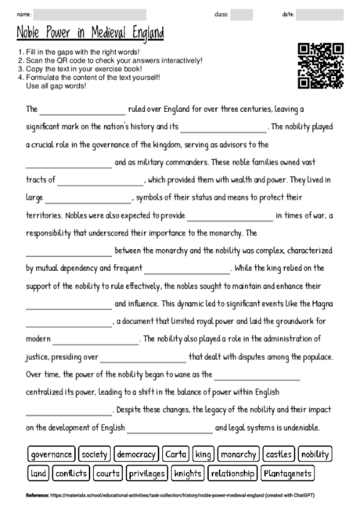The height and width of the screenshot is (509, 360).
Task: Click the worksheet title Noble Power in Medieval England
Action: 90,34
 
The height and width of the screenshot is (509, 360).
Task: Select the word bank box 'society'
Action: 95,454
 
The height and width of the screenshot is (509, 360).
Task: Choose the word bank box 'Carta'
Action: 175,454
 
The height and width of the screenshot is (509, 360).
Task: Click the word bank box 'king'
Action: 203,454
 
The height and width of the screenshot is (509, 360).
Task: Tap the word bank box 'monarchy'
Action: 238,454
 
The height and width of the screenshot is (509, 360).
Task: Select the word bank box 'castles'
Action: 279,454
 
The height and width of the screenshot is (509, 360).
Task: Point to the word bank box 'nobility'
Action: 315,454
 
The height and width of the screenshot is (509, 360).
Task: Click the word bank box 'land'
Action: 38,473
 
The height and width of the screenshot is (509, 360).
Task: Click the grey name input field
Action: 90,14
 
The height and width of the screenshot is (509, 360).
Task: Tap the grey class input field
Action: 241,14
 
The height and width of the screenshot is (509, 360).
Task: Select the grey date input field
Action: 319,14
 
